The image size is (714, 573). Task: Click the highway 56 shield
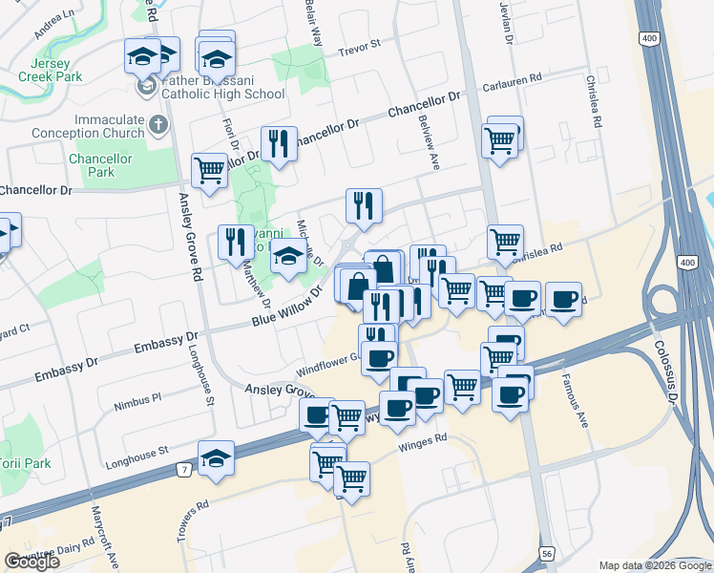point(547,553)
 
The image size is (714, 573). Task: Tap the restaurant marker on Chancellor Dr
point(279,144)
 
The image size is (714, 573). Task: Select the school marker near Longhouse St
point(217,457)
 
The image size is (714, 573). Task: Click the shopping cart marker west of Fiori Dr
point(209,170)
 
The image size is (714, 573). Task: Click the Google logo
point(32,562)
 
